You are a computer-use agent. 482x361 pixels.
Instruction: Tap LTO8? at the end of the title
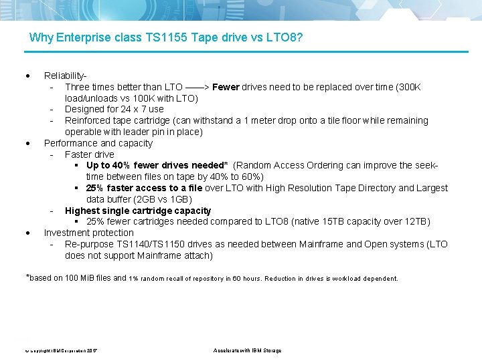click(285, 37)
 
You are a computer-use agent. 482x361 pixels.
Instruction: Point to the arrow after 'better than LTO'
click(197, 87)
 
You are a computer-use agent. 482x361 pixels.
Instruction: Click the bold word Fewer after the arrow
click(226, 87)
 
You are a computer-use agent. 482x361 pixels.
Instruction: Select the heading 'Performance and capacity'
click(98, 143)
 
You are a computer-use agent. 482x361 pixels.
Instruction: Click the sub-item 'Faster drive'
click(90, 154)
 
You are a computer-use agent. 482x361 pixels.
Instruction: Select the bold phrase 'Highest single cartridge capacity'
click(138, 211)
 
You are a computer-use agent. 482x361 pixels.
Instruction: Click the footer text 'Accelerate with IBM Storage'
click(247, 350)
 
